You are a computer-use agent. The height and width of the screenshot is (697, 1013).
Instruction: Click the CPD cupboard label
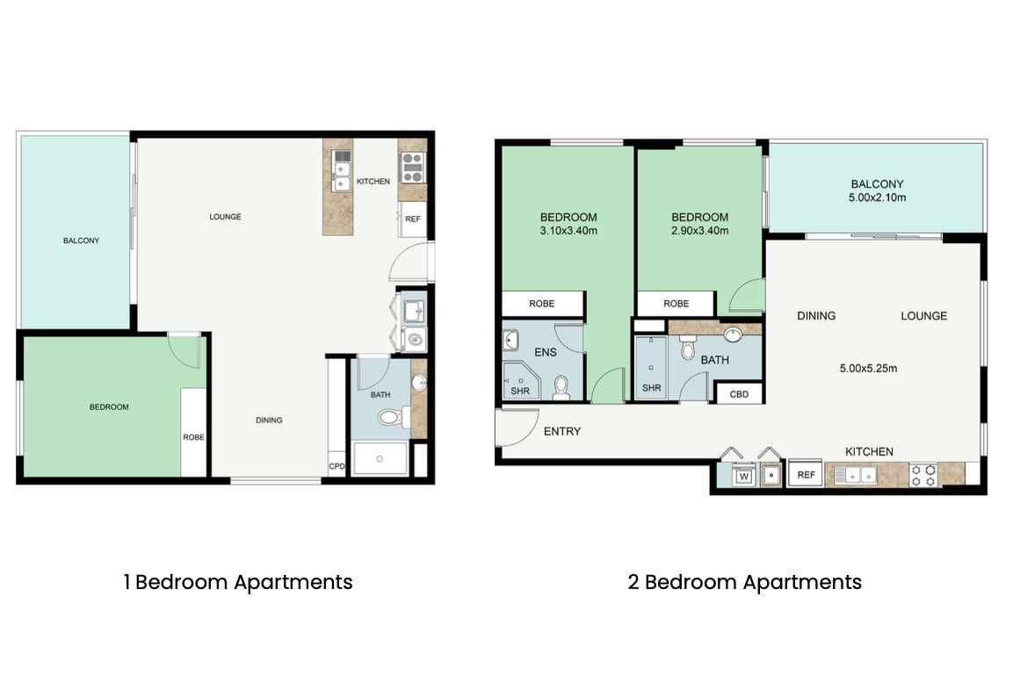click(x=336, y=466)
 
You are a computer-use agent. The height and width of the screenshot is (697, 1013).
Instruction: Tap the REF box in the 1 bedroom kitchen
click(x=412, y=219)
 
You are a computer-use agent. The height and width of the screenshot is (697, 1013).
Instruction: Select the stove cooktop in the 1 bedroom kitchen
click(x=412, y=167)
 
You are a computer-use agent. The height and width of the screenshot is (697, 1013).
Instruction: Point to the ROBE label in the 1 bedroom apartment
click(x=193, y=437)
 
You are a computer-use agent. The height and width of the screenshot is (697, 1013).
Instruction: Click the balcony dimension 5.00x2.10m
click(x=877, y=198)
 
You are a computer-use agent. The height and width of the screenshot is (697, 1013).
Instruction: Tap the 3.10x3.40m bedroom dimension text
click(x=568, y=230)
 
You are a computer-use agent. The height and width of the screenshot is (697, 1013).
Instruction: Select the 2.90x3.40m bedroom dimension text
click(x=699, y=230)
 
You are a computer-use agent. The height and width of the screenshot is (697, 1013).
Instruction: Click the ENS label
click(x=546, y=352)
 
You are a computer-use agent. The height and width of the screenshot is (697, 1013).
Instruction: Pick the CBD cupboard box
click(x=739, y=393)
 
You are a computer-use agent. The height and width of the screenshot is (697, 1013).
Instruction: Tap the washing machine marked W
click(x=743, y=477)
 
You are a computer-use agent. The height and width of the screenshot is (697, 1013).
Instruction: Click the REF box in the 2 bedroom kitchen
click(x=806, y=475)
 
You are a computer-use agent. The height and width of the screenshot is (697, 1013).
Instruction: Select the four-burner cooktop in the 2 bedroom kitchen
click(x=923, y=475)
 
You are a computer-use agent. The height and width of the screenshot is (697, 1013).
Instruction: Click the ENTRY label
click(x=562, y=431)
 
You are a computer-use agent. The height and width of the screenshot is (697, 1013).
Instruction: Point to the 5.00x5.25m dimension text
click(x=868, y=369)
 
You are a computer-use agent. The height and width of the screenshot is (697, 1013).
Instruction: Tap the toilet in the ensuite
click(x=561, y=388)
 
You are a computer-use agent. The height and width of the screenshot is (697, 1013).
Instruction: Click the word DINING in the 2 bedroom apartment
click(x=816, y=316)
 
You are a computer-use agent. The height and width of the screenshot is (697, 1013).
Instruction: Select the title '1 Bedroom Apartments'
click(x=238, y=582)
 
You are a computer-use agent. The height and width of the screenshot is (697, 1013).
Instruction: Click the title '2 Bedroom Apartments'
click(x=745, y=582)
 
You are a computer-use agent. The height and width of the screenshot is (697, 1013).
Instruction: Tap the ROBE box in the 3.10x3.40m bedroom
click(x=543, y=304)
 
